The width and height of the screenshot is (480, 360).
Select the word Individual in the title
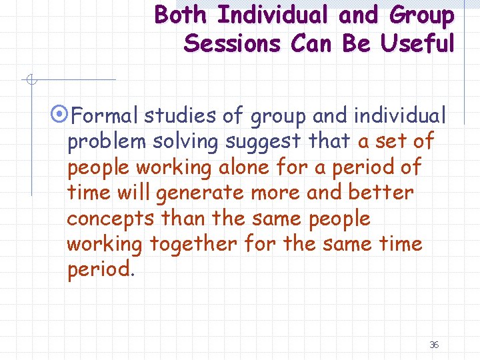pyautogui.click(x=279, y=15)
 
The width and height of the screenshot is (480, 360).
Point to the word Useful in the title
pyautogui.click(x=418, y=44)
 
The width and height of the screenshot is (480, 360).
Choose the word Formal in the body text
pyautogui.click(x=103, y=117)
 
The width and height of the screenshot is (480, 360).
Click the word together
pyautogui.click(x=193, y=245)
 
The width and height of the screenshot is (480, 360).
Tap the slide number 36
pyautogui.click(x=434, y=345)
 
